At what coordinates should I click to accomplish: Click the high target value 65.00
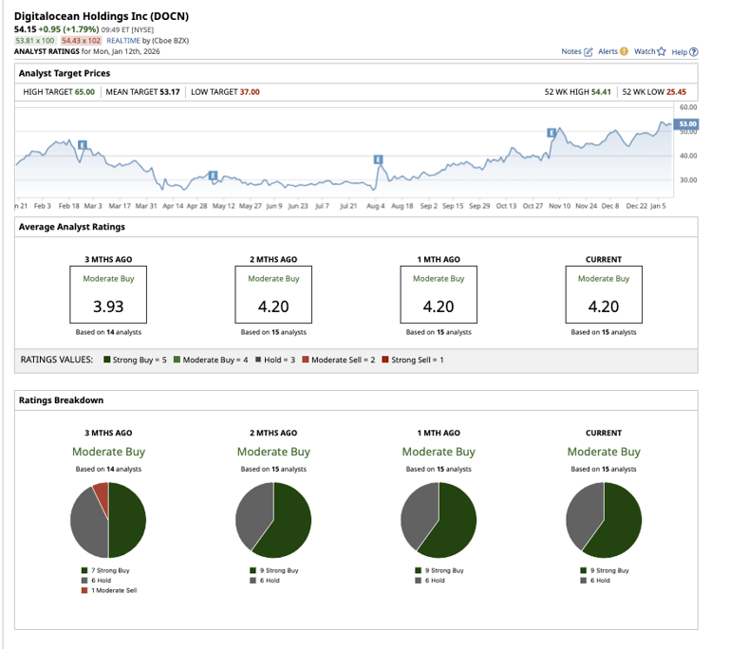84,91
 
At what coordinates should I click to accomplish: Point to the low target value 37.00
249,91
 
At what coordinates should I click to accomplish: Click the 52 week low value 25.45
676,91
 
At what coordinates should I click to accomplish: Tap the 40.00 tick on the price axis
687,156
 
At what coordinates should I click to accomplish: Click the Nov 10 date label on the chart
559,205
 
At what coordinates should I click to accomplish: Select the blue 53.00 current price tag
687,124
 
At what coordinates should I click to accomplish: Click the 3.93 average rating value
108,306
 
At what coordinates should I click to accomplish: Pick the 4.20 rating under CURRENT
604,306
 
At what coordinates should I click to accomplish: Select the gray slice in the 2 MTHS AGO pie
252,512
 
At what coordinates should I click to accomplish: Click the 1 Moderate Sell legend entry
112,590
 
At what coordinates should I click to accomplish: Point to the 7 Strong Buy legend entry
108,570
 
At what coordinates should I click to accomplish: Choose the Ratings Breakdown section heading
62,400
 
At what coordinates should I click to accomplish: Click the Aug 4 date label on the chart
376,205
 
